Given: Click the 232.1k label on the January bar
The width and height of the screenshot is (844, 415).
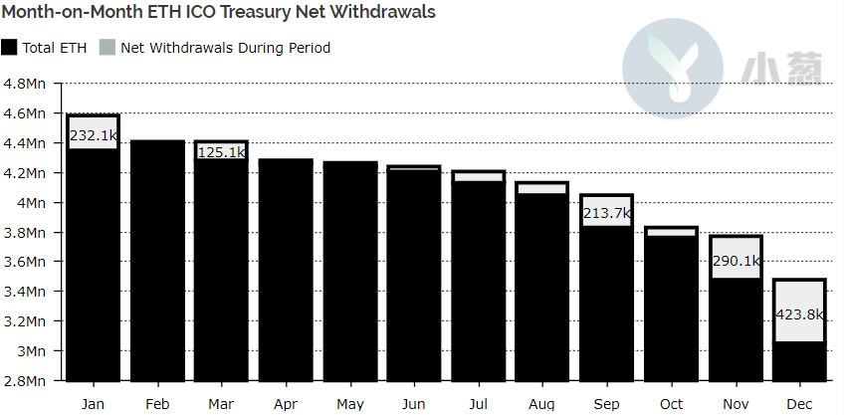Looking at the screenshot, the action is (94, 135).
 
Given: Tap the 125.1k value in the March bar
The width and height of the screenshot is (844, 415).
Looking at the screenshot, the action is (221, 153).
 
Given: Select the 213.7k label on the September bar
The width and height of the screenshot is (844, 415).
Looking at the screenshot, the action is (607, 213).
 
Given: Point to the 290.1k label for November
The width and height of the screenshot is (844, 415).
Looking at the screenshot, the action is (736, 261).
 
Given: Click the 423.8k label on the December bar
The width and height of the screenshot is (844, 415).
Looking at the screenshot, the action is (800, 314).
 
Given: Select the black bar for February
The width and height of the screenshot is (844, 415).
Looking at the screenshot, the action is (157, 261).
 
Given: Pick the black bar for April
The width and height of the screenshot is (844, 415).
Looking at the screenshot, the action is (286, 270).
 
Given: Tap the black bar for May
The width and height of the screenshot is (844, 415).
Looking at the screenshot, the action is (350, 272).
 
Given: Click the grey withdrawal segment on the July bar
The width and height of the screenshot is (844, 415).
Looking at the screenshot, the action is (479, 177).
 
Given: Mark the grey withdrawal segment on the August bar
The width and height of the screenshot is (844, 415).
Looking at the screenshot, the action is (542, 189).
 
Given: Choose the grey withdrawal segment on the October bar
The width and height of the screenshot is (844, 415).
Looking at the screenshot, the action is (671, 233).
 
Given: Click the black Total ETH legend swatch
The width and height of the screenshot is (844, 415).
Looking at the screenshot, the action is (9, 48).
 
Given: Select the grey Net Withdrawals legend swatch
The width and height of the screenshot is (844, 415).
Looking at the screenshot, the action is (107, 48).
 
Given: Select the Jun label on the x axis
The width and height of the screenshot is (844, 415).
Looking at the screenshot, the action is (413, 404).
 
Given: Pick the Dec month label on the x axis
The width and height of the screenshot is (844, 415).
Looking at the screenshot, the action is (800, 404).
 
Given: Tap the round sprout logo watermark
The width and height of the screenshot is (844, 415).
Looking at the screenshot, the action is (672, 68).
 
